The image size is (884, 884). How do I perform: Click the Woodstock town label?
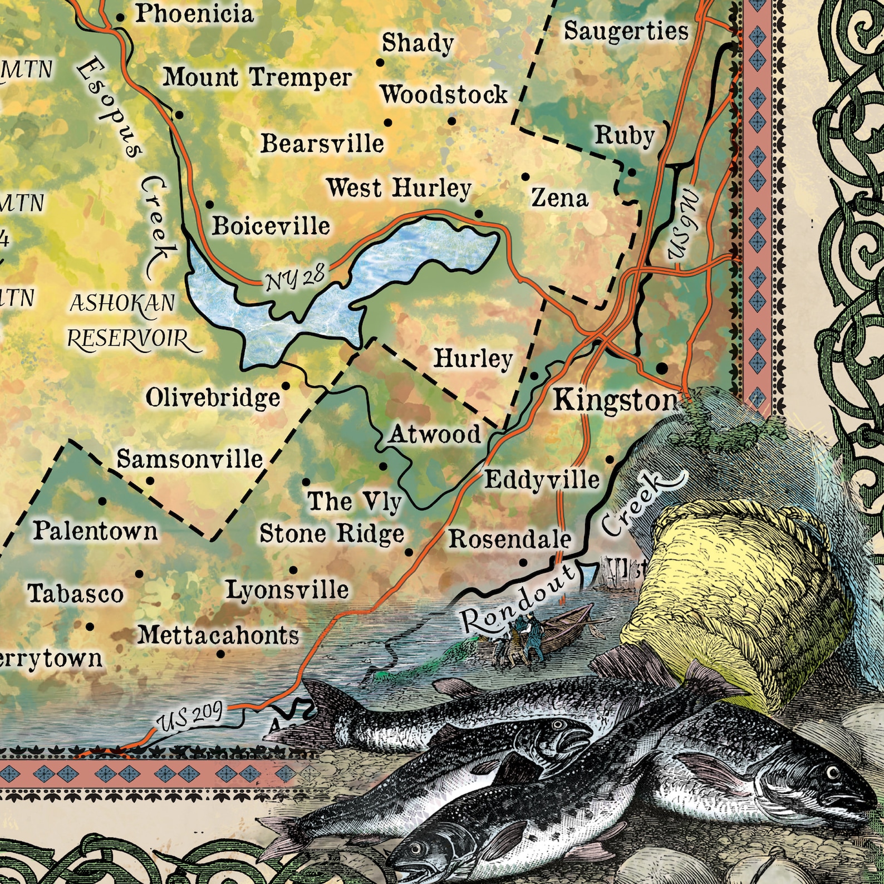444,95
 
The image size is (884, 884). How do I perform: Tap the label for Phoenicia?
194,14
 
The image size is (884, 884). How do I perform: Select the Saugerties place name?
626,31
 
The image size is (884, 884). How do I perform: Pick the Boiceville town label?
271,225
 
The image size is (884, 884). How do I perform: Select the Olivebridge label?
213,398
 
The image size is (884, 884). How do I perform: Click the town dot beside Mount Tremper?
179,115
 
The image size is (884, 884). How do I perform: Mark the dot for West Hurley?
479,213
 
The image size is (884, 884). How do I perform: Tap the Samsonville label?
189,460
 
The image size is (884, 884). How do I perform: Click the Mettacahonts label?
218,635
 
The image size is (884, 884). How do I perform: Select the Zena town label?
559,198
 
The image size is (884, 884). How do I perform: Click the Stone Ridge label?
332,534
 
